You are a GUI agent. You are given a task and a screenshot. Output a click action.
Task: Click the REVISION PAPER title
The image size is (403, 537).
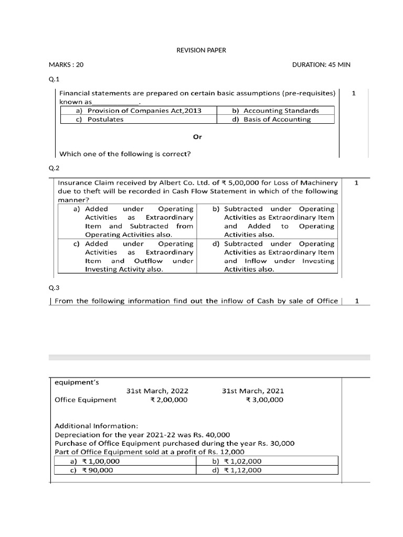click(x=201, y=50)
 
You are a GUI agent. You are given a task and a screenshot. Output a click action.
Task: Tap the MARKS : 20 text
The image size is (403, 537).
click(x=66, y=65)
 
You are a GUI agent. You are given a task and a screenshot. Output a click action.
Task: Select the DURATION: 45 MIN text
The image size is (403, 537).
click(x=321, y=65)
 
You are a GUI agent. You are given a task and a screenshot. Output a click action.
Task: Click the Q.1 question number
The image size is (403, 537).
click(x=55, y=79)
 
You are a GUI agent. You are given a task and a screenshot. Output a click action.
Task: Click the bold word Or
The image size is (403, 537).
click(x=197, y=137)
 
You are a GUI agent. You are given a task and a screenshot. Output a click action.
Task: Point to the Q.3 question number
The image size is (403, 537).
click(x=55, y=288)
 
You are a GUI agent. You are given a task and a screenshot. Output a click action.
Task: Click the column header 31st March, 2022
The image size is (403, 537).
click(x=157, y=391)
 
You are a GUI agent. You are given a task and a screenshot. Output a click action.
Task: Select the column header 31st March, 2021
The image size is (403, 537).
click(x=253, y=391)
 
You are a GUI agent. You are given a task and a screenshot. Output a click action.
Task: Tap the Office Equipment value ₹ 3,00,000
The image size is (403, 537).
click(x=264, y=400)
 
